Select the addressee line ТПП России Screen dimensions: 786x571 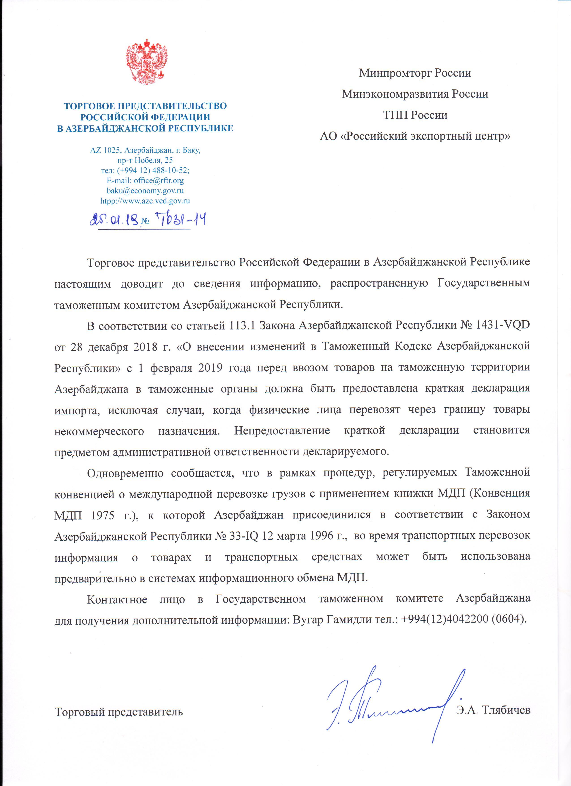[415, 115]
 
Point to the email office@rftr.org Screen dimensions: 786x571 [159, 181]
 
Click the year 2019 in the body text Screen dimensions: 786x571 [210, 368]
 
